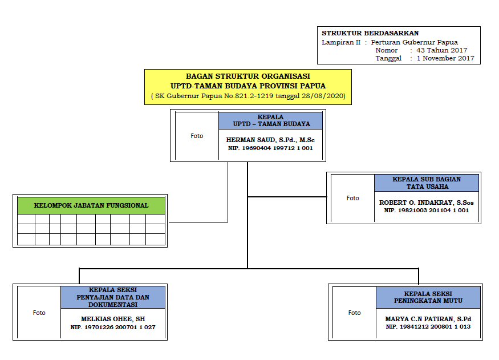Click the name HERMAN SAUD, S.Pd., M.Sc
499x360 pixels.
click(270, 140)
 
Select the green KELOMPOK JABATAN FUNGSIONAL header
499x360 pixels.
click(91, 205)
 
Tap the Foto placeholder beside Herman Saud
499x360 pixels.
click(197, 136)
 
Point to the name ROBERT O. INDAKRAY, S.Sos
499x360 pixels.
click(426, 203)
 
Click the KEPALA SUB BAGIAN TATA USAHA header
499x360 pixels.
click(427, 183)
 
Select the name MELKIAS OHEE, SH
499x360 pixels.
click(113, 319)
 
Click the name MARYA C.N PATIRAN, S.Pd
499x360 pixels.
click(428, 319)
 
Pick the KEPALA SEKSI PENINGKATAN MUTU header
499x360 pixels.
click(428, 297)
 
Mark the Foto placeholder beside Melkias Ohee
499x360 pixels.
click(39, 313)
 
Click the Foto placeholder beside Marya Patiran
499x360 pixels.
click(354, 313)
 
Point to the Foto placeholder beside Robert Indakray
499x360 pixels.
click(352, 198)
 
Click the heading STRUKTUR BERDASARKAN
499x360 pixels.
click(370, 33)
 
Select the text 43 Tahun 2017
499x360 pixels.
click(442, 50)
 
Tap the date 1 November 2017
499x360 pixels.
click(445, 58)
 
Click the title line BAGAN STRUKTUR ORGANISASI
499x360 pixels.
click(248, 76)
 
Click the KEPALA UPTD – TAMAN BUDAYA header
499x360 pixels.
click(270, 120)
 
